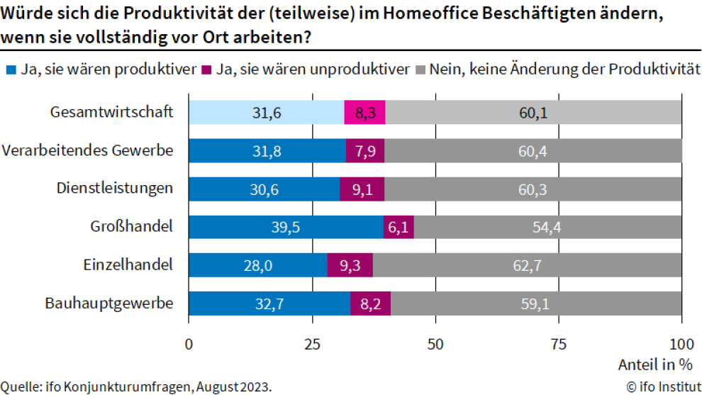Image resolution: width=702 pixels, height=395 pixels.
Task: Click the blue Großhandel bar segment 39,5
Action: click(286, 227)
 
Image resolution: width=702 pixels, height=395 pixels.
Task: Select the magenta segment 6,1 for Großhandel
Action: click(399, 227)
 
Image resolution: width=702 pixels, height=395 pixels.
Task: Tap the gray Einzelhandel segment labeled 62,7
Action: click(527, 265)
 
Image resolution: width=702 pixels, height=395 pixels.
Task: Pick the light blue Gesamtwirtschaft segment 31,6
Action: click(266, 113)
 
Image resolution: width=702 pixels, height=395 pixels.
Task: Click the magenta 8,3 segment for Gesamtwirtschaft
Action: click(364, 113)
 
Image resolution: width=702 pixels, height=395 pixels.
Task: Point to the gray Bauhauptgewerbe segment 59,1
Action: click(535, 304)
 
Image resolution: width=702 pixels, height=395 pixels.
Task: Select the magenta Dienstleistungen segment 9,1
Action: click(362, 189)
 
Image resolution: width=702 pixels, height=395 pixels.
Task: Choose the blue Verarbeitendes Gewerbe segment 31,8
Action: click(267, 151)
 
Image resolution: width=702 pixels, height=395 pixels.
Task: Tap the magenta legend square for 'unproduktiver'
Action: click(207, 70)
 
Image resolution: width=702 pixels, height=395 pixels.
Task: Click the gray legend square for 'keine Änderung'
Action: click(420, 70)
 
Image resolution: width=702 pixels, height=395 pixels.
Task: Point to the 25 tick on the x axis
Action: click(312, 344)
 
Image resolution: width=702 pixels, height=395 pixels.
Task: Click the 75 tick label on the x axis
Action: click(559, 344)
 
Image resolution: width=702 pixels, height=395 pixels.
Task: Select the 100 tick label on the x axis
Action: click(681, 344)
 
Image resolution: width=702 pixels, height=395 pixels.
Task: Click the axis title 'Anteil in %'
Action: click(655, 365)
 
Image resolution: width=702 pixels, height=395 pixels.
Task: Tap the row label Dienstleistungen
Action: click(115, 189)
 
